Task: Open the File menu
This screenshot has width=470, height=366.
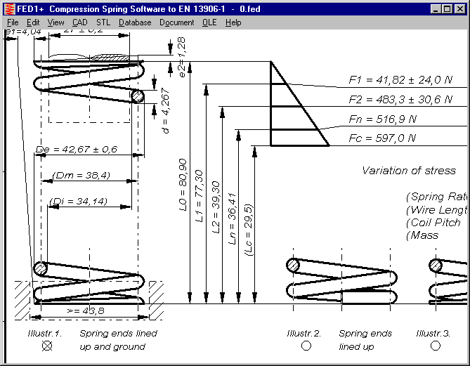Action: [x=13, y=22]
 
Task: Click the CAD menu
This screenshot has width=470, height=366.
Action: [x=79, y=22]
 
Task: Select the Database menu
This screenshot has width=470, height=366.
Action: [x=135, y=22]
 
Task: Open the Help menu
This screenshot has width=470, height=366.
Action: [x=233, y=22]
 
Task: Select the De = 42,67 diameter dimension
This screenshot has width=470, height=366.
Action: [x=76, y=150]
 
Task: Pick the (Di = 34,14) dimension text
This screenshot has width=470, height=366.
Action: [x=78, y=202]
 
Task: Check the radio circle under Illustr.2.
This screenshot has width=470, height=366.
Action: [x=306, y=346]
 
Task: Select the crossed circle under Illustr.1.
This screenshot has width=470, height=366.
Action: [x=47, y=346]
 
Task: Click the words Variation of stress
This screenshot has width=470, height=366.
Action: [x=408, y=171]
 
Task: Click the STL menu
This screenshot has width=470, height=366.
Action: [x=103, y=22]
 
